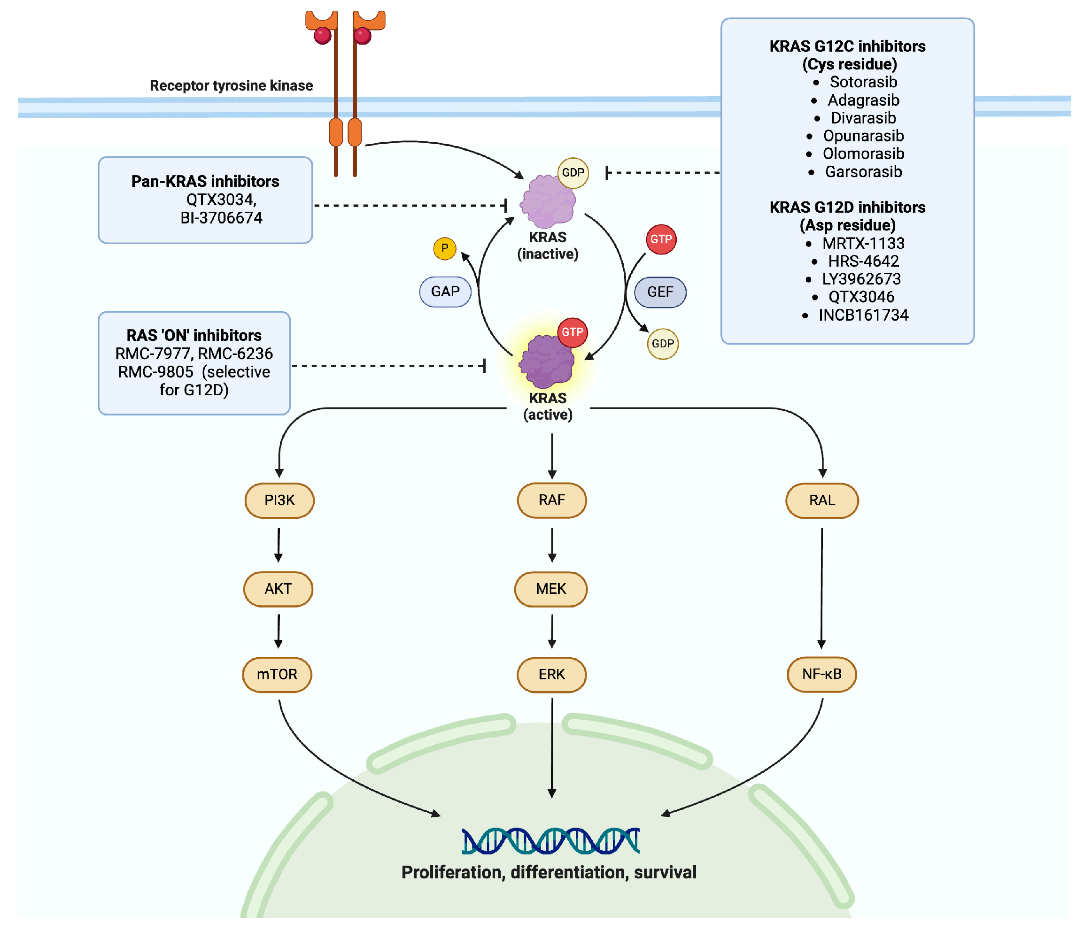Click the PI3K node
(279, 500)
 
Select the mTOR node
(277, 674)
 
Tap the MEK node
(551, 589)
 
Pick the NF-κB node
(822, 674)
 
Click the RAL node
(822, 500)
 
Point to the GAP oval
(445, 292)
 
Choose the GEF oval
(660, 292)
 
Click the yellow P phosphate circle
(445, 248)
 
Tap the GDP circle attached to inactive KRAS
(573, 173)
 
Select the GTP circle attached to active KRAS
(573, 332)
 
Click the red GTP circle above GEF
(661, 239)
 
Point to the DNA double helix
(551, 840)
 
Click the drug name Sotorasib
(863, 82)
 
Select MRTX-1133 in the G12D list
(863, 243)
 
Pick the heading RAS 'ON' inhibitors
(194, 335)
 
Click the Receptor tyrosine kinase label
(231, 85)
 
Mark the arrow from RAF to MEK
(552, 545)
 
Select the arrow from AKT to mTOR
(279, 631)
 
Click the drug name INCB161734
(863, 315)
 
